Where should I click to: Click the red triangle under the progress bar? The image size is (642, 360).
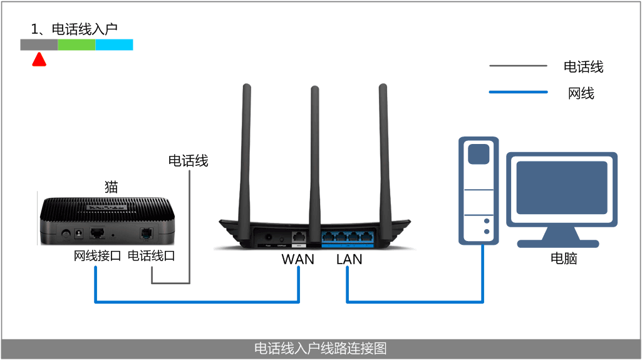(x=39, y=59)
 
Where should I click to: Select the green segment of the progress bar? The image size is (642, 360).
(x=76, y=44)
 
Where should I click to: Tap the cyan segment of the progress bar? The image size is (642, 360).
(x=114, y=44)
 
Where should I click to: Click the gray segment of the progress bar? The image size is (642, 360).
(x=39, y=44)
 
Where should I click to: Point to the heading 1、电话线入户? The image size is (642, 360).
(x=74, y=29)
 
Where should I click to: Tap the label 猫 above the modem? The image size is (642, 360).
(x=111, y=187)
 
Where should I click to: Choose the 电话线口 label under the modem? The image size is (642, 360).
(x=151, y=255)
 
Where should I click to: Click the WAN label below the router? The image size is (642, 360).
(x=298, y=259)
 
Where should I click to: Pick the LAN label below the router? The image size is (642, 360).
(x=349, y=259)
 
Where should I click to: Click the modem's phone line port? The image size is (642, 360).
(x=146, y=233)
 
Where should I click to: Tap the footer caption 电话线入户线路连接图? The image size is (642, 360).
(x=321, y=348)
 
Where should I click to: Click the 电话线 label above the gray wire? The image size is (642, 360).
(x=188, y=161)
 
